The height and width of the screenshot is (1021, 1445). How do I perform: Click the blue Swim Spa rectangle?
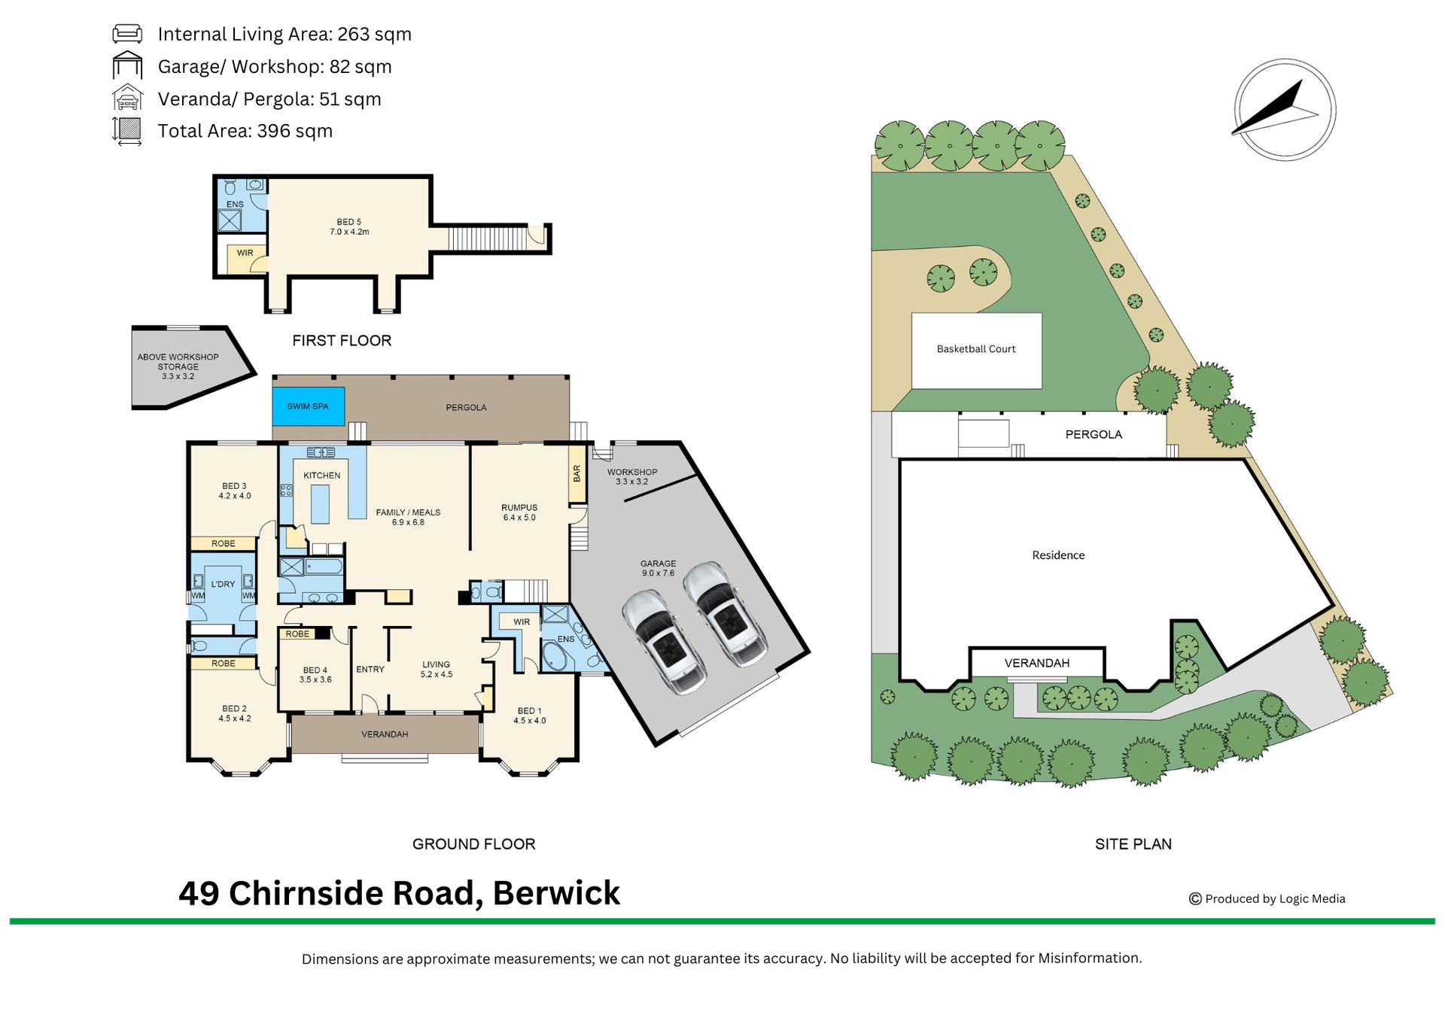coord(309,406)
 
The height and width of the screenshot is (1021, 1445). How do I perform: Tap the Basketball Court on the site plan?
coord(976,351)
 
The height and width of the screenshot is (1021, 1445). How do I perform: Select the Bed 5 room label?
coord(349,226)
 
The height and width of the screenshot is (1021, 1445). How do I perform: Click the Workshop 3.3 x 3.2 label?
coord(632,477)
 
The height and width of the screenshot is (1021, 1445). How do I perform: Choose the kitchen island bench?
coord(320,504)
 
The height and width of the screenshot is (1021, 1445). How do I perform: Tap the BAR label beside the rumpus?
coord(577,473)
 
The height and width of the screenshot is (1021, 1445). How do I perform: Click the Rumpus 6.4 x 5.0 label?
coord(519,512)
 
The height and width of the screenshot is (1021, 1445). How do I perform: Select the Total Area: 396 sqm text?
coord(245,131)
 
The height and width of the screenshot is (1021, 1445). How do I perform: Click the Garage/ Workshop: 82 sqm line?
coord(275,66)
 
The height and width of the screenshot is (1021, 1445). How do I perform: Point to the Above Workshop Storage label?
coord(178,366)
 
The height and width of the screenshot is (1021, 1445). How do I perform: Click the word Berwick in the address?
coord(556,893)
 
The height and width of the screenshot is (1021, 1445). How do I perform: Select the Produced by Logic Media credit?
coord(1267,898)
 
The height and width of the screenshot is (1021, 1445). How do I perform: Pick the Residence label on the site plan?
coord(1058,555)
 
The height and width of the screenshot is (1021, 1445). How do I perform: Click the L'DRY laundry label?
coord(223,584)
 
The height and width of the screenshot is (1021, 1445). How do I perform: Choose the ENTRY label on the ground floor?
coord(370,669)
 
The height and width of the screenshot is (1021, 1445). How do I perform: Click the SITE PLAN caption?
coord(1133,844)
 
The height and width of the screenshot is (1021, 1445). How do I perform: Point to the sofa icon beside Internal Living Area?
coord(127,34)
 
